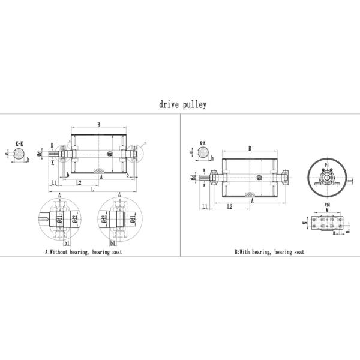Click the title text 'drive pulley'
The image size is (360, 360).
pyautogui.click(x=182, y=104)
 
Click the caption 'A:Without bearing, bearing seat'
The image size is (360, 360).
pyautogui.click(x=83, y=253)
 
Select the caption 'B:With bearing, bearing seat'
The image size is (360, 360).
pyautogui.click(x=269, y=253)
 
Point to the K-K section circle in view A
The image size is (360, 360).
pyautogui.click(x=19, y=155)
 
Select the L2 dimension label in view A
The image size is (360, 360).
pyautogui.click(x=79, y=182)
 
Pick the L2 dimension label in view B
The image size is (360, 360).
pyautogui.click(x=229, y=206)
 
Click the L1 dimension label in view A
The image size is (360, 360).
pyautogui.click(x=53, y=182)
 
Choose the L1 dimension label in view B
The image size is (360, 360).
pyautogui.click(x=205, y=206)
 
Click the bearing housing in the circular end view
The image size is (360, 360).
pyautogui.click(x=328, y=179)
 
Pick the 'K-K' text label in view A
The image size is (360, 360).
pyautogui.click(x=19, y=144)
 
